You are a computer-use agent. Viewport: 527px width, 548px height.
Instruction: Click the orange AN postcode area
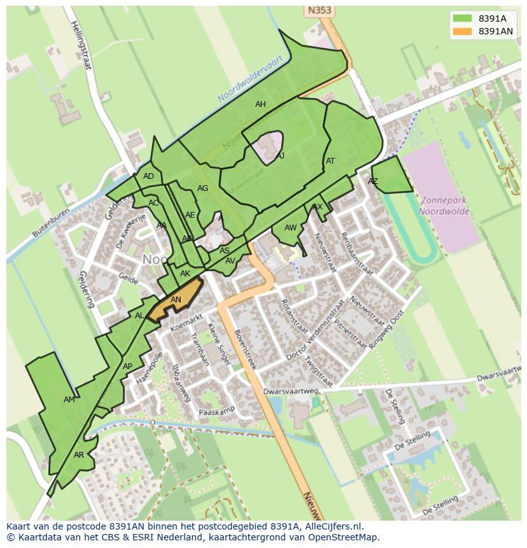(176, 300)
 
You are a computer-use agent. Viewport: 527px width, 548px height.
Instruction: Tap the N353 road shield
(320, 10)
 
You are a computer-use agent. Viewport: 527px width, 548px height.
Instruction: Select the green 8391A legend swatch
(463, 18)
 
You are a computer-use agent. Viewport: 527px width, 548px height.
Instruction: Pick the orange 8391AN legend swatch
(463, 31)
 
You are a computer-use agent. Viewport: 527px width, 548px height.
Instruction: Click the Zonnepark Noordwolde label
(443, 206)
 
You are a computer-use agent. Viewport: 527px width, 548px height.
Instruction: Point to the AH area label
(260, 104)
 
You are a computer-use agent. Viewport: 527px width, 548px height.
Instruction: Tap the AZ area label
(373, 181)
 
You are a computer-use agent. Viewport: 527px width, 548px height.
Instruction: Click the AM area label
(69, 400)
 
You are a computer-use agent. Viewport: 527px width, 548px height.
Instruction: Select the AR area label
(79, 455)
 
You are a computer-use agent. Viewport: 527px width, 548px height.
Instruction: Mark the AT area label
(330, 161)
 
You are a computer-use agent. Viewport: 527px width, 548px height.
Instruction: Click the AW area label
(290, 228)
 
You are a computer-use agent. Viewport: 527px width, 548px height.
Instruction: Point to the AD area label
(148, 176)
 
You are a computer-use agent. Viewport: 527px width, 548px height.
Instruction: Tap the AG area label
(202, 188)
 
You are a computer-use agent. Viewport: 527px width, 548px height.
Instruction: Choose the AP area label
(127, 367)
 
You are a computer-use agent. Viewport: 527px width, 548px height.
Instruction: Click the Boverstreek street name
(244, 349)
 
